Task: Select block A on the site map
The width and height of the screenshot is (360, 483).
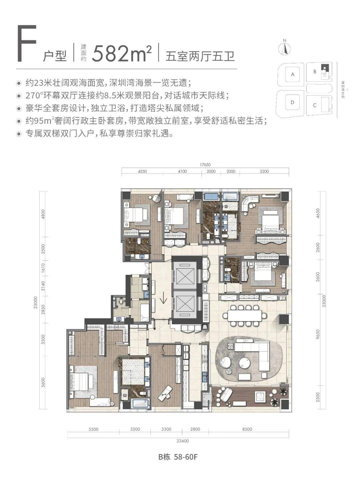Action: click(x=292, y=74)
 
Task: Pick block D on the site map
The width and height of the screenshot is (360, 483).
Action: click(x=292, y=102)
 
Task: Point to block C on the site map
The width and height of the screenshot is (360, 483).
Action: click(x=315, y=105)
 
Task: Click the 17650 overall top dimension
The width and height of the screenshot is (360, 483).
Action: click(x=205, y=165)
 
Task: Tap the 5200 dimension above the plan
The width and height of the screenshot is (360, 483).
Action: click(x=264, y=171)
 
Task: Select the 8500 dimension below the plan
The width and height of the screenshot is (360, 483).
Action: click(x=247, y=429)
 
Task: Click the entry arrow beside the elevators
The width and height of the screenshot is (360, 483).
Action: click(x=163, y=299)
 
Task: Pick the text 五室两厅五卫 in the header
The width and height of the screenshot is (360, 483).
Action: click(x=200, y=56)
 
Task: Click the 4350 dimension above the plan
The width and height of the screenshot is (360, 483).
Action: click(x=142, y=171)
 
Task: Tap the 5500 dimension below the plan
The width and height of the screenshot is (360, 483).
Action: click(x=93, y=429)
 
